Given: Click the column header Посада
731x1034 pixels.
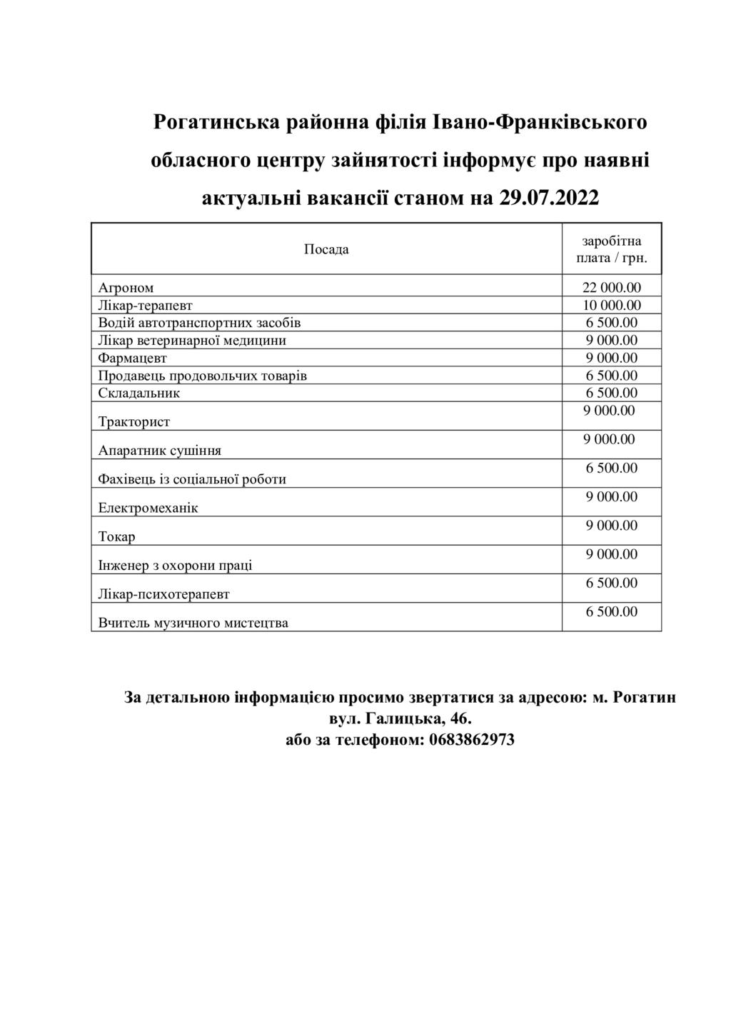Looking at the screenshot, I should [326, 249].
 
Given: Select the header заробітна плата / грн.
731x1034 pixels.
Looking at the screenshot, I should [612, 249].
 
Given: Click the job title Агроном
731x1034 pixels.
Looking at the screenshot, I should [126, 288].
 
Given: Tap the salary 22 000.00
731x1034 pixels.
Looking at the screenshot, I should [612, 288].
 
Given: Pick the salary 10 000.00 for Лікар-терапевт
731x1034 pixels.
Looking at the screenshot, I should [612, 305].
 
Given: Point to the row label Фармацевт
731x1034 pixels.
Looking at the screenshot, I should [132, 358].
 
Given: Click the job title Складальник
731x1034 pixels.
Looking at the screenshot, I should [138, 393].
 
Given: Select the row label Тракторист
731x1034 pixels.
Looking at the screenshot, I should [133, 422].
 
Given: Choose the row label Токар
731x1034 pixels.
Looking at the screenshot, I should [116, 536].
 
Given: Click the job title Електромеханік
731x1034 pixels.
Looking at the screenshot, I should [148, 508].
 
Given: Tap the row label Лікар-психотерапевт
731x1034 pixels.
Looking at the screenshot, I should [163, 594].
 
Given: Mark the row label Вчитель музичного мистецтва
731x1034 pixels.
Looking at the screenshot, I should [193, 623].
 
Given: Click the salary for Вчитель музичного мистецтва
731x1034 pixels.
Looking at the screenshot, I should [612, 612].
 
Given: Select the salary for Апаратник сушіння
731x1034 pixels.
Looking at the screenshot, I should [609, 439].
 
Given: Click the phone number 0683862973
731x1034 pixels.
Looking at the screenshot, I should [472, 739].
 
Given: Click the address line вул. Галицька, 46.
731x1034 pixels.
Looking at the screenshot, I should [400, 718].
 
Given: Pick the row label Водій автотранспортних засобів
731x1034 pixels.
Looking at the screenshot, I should [199, 323].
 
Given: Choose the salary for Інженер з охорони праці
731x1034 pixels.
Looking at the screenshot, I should [612, 554].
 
